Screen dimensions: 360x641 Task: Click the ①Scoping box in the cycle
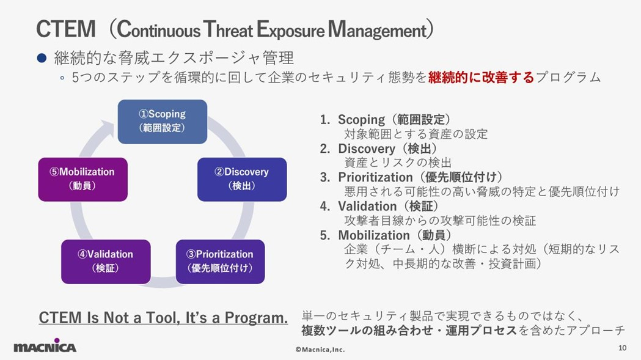(x=162, y=121)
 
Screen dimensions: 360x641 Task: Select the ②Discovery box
(x=241, y=179)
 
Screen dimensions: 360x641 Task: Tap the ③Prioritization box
(x=220, y=261)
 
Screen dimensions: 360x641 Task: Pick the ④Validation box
(x=105, y=261)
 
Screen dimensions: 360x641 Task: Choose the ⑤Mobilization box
(x=82, y=179)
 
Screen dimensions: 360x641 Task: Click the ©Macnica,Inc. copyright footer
(x=320, y=350)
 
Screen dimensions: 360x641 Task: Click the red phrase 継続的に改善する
(x=481, y=78)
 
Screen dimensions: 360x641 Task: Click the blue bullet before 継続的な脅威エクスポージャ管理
(x=42, y=59)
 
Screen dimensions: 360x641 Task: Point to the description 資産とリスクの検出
(x=398, y=163)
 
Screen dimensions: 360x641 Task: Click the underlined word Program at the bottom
(x=256, y=318)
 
